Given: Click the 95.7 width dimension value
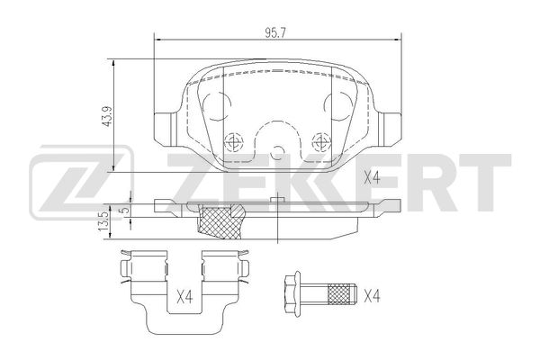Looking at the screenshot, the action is (x=276, y=32).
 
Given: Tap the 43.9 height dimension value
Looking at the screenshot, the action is (x=107, y=116).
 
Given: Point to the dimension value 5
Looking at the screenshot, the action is (x=125, y=209).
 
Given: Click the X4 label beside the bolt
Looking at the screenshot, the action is (x=372, y=296).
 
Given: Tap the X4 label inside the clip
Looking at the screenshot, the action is (x=184, y=297).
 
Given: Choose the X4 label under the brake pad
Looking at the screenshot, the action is (x=372, y=178).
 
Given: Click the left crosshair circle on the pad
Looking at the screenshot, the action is (x=233, y=141).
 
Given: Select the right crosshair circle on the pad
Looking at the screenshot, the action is (x=321, y=141).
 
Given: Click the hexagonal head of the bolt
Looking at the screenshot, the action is (x=292, y=295).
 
